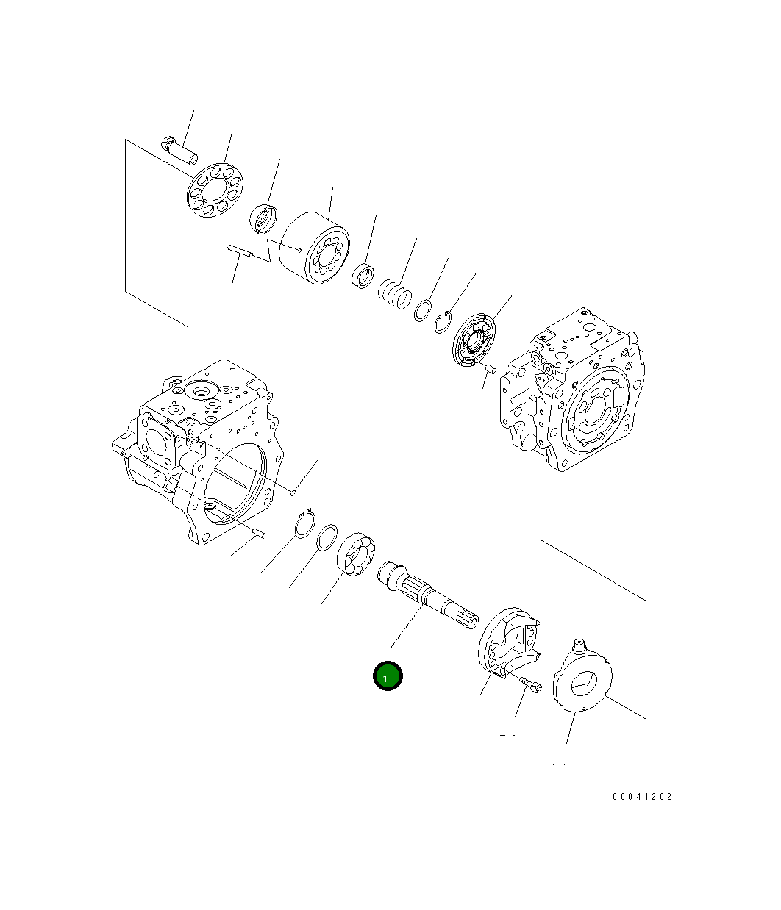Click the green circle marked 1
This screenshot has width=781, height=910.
(388, 676)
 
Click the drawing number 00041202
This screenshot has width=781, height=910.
(642, 796)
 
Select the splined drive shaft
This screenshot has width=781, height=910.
(428, 595)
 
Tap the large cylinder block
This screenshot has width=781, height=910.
(315, 248)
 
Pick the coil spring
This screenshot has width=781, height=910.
(395, 293)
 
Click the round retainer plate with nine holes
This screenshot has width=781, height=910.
(215, 190)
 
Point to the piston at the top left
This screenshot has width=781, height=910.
(179, 151)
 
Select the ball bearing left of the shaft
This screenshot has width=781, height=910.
(356, 553)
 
